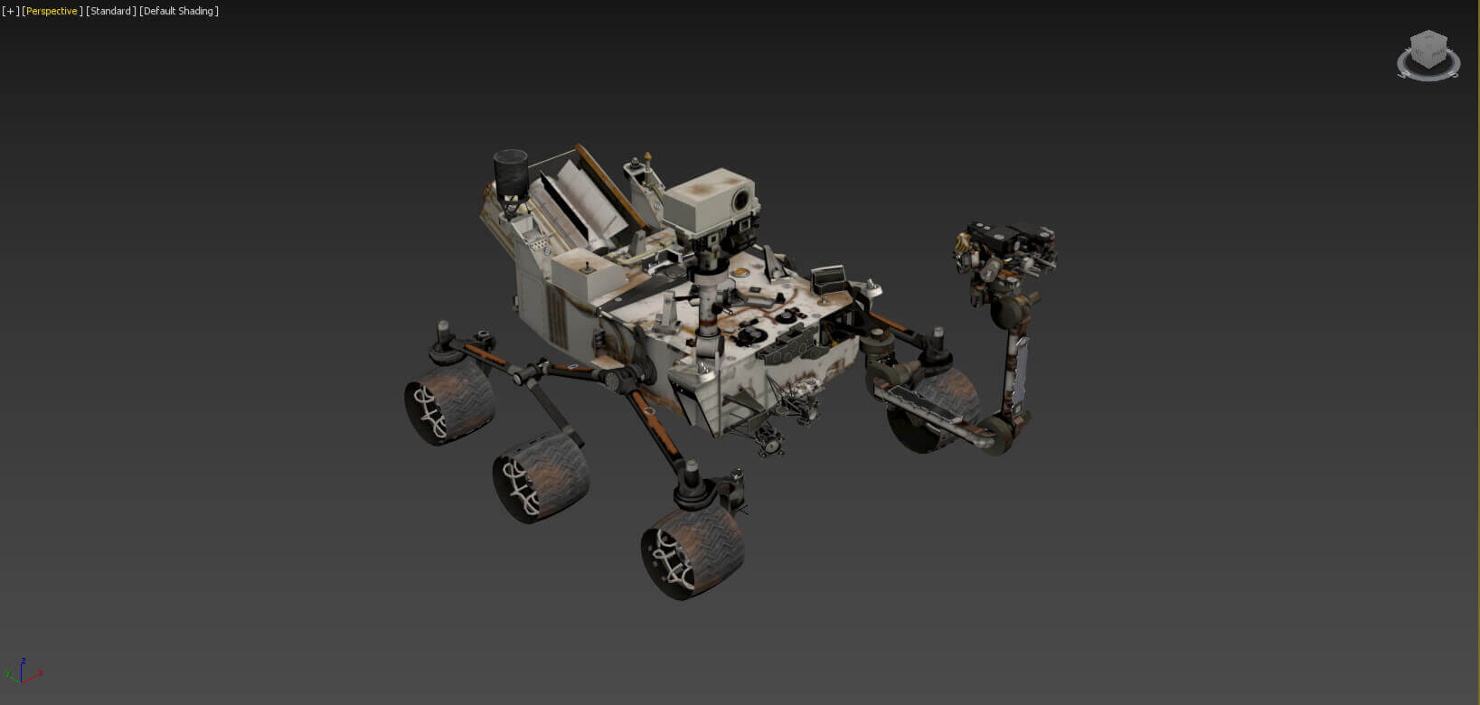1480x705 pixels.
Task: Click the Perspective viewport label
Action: click(52, 11)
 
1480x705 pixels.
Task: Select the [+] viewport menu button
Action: click(10, 11)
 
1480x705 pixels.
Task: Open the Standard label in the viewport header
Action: click(111, 11)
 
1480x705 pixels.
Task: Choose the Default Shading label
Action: click(179, 11)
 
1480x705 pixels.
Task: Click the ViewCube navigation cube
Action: click(1428, 52)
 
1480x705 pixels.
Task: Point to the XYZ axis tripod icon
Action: click(23, 672)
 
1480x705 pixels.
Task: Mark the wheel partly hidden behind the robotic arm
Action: click(931, 411)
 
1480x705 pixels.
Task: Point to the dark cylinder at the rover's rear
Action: click(510, 171)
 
